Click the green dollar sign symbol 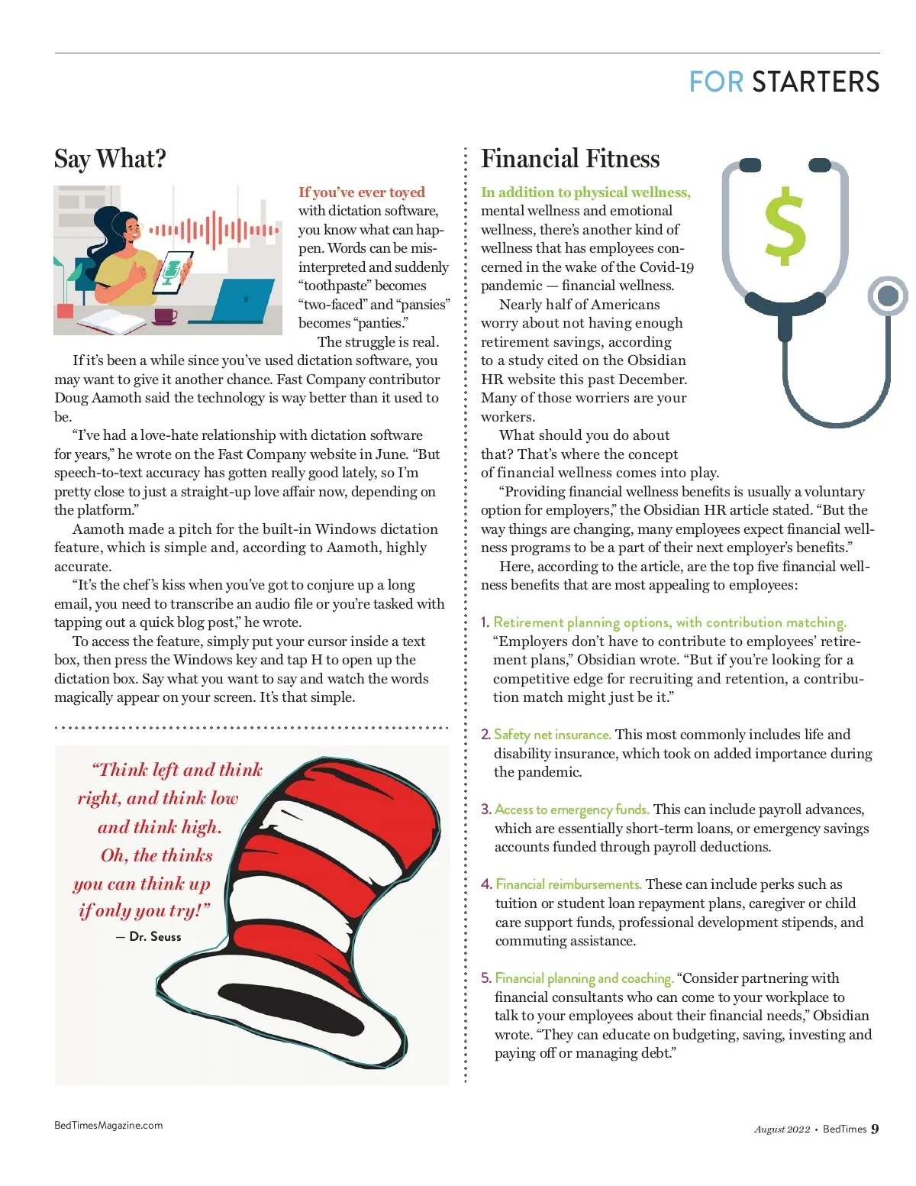point(785,228)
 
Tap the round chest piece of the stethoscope point(888,296)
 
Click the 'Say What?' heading point(110,159)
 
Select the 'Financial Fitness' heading point(570,159)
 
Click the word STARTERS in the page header point(815,82)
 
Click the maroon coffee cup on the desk point(165,315)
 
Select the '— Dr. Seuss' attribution point(149,936)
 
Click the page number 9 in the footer point(875,1129)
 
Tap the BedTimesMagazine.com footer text point(108,1125)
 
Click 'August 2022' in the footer point(782,1129)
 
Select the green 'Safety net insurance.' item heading point(552,735)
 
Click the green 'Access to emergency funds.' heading point(572,810)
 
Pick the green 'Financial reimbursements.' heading point(568,884)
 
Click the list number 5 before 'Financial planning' point(486,978)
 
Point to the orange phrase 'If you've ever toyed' point(361,192)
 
